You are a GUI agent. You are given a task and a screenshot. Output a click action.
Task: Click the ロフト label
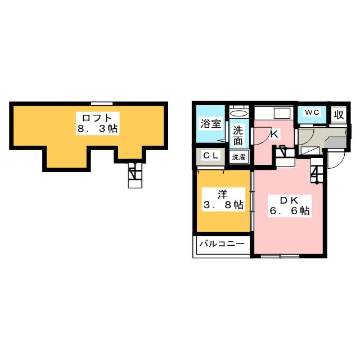coord(97,118)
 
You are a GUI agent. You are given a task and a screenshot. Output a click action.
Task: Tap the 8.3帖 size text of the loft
coord(97,129)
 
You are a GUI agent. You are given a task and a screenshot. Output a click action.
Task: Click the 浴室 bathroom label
coord(211,124)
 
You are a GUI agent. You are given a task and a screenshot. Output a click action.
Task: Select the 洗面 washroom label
coord(238,136)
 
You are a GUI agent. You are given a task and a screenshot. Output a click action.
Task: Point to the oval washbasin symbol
coord(239,114)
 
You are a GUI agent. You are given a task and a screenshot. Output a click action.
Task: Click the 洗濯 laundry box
coord(238,157)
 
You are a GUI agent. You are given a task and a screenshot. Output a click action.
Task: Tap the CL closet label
coord(211,156)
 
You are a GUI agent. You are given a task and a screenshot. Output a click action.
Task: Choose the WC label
coord(312,112)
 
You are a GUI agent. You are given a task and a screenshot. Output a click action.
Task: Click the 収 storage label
coord(339,115)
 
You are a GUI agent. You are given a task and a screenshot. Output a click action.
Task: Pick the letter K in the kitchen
coord(274,134)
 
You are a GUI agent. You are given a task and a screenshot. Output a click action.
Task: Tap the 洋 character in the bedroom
coord(223,195)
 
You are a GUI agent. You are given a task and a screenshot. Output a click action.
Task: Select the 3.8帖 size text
coord(223,205)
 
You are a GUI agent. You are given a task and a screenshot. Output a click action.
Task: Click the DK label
coord(289,200)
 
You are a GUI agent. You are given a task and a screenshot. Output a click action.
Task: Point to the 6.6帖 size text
coord(290,211)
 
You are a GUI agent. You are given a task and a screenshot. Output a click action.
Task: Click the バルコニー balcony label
coord(222,244)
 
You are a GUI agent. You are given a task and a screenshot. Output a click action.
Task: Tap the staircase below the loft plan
coord(135,175)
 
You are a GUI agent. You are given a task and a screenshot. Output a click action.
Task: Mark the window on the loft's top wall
coord(102,103)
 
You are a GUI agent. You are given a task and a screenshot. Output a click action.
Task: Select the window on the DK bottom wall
coord(280,256)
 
